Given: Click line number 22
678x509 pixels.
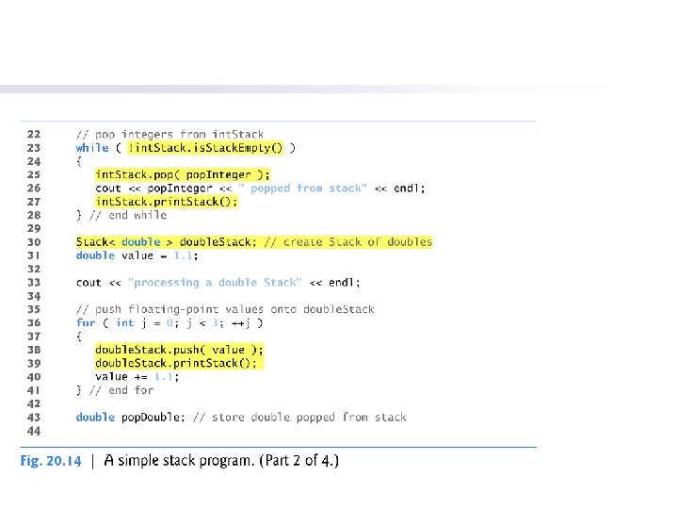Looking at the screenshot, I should coord(34,135).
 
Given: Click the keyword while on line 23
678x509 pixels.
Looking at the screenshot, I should coord(92,148).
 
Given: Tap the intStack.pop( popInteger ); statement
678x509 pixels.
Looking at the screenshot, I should coord(183,174).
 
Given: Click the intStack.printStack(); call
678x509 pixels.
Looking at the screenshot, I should coord(167,202).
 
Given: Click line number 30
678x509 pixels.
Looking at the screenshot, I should coord(34,242).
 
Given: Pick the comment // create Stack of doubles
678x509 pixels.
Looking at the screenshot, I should coord(347,242).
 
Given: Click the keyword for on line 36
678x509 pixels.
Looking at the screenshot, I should coord(86,322).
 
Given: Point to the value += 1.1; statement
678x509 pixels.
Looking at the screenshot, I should coord(137,376).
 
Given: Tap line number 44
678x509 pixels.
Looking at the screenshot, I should coord(34,430).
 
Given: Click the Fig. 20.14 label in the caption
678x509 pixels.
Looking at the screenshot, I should coord(51,461).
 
